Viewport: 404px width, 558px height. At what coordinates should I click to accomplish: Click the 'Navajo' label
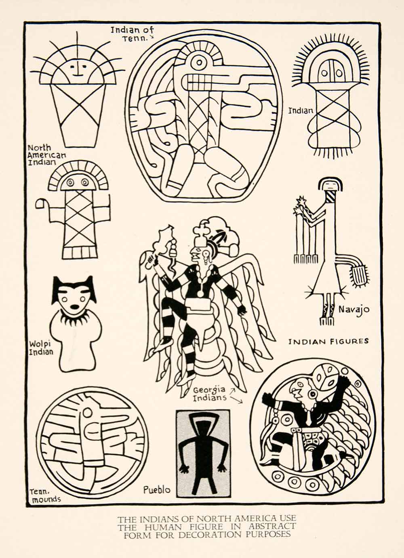click(x=354, y=310)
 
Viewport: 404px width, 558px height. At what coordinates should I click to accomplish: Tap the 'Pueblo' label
click(x=157, y=490)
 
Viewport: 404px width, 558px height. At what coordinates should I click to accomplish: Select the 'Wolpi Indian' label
click(x=41, y=348)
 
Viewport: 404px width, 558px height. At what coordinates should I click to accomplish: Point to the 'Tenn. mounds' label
click(x=44, y=495)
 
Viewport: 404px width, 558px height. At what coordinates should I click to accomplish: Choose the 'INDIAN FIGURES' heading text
click(x=328, y=341)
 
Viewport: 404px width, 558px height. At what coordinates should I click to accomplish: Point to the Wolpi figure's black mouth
click(x=75, y=307)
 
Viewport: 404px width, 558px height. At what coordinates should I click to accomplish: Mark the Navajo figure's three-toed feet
click(x=327, y=321)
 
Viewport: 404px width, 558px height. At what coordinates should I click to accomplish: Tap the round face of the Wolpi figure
click(x=74, y=301)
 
